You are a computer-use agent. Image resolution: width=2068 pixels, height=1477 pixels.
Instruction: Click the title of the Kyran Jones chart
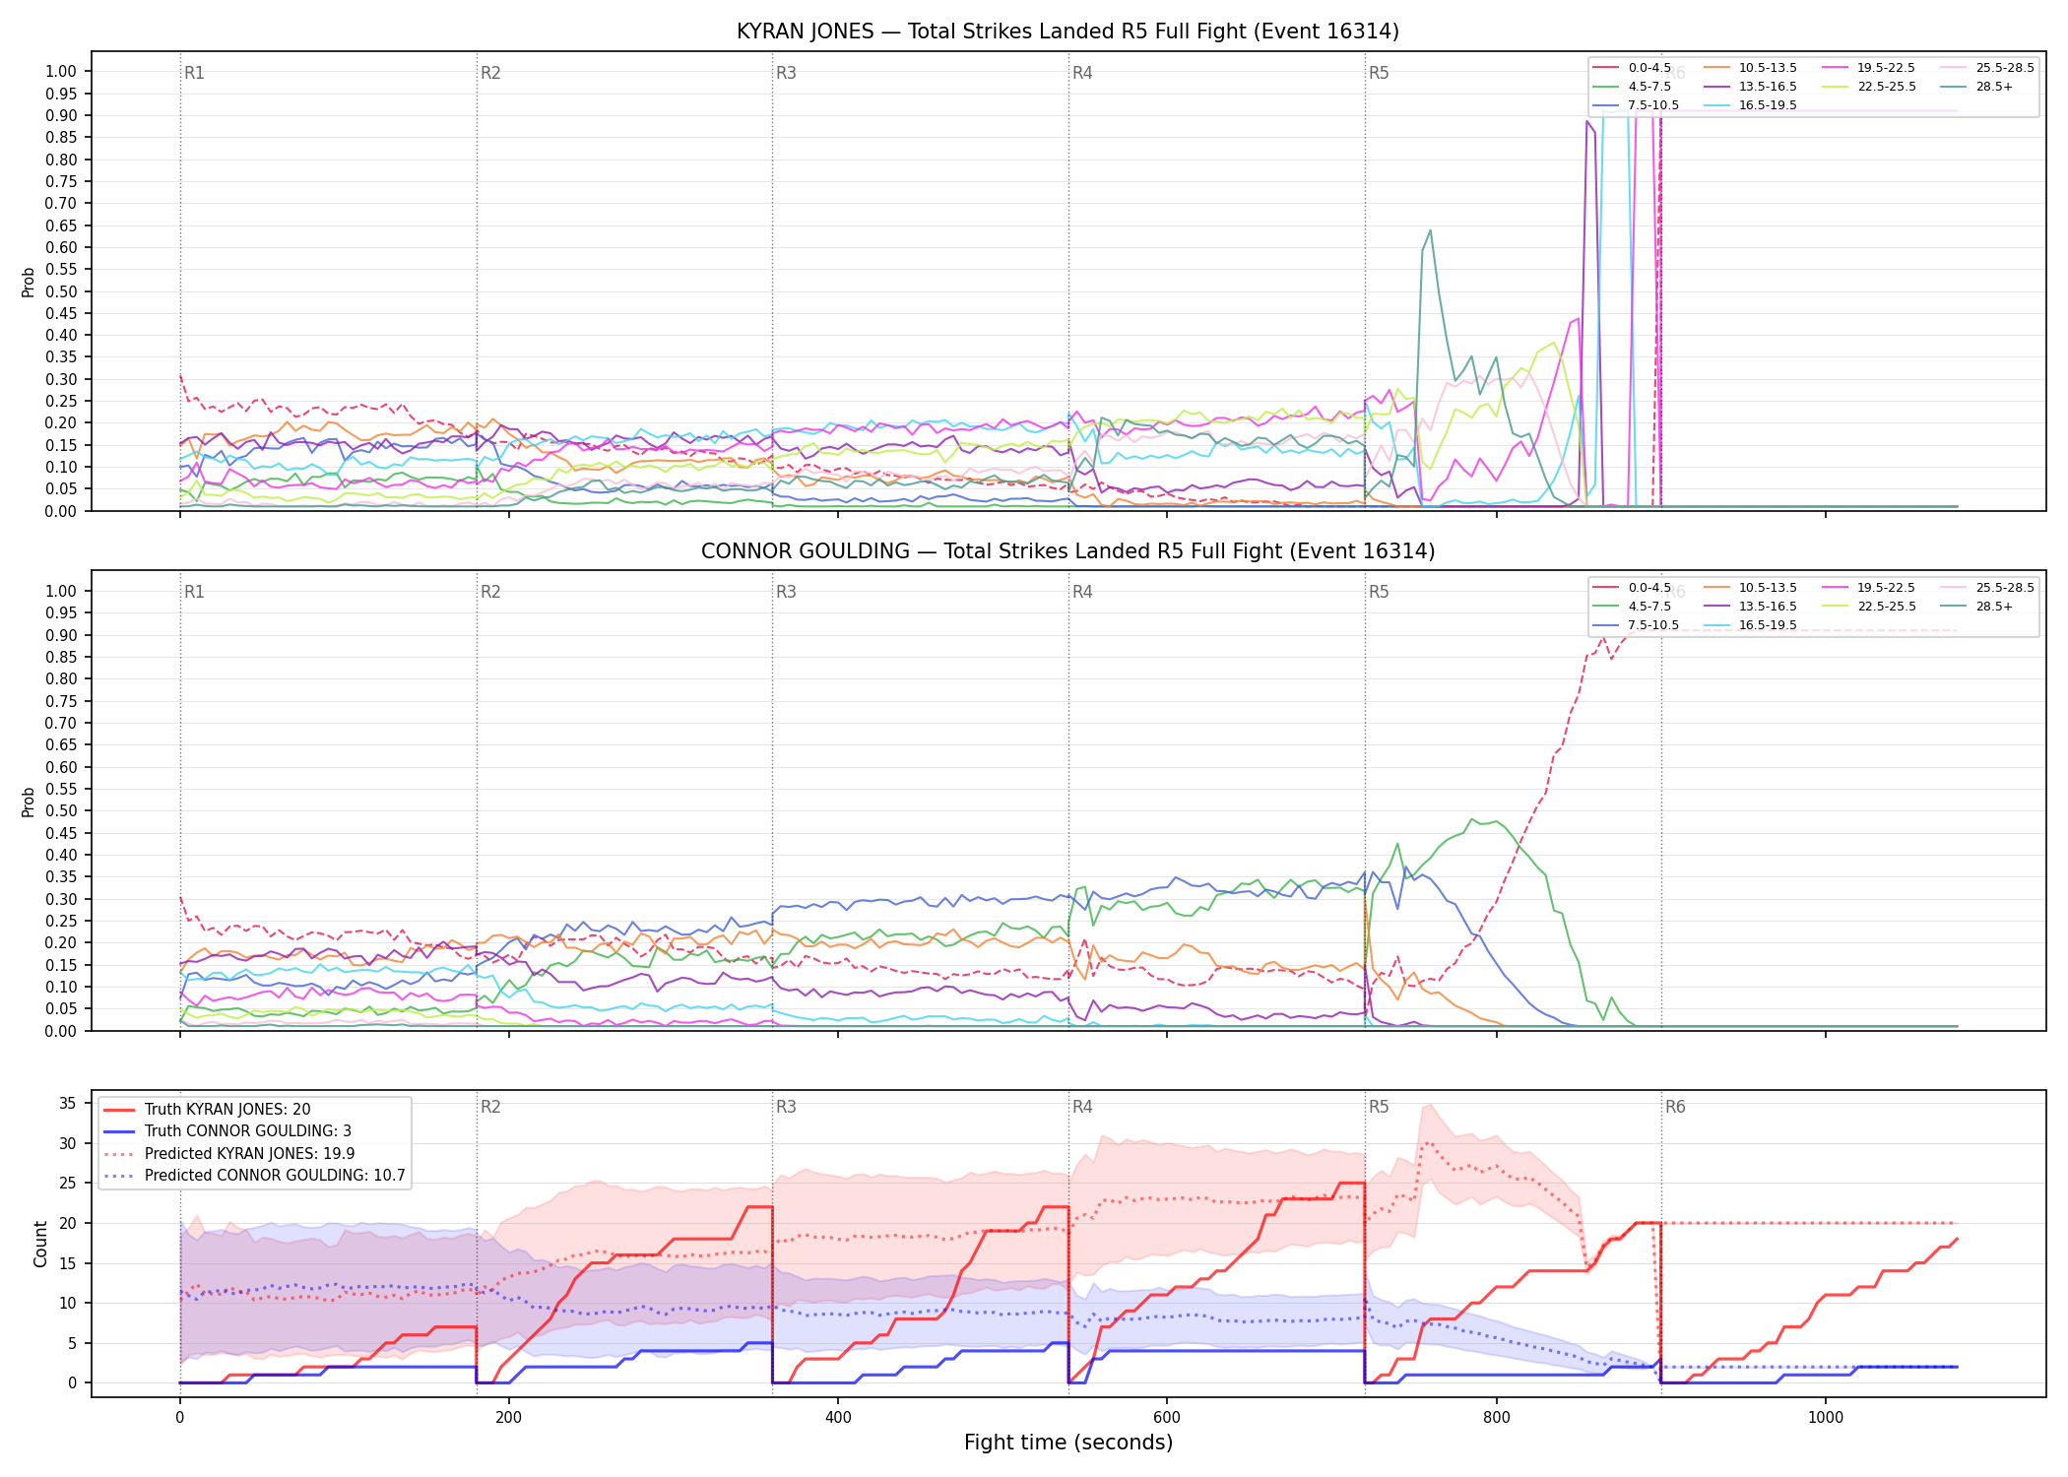click(1067, 32)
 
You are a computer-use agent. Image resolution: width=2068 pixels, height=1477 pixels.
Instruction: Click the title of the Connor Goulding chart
click(1067, 551)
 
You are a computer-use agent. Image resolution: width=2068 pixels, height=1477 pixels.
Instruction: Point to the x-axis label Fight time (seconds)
click(1068, 1443)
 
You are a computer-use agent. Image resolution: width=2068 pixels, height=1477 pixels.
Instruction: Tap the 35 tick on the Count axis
click(67, 1103)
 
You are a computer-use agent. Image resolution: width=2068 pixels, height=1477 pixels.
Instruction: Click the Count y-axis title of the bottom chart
click(40, 1244)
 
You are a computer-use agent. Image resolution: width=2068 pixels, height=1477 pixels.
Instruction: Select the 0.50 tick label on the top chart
click(61, 291)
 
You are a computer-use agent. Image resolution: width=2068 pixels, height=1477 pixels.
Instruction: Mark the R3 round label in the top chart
click(786, 73)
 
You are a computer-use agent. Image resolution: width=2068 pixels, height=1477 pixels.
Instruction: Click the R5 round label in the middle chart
click(1379, 592)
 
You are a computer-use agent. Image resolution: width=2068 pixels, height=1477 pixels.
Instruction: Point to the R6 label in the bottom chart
click(1675, 1107)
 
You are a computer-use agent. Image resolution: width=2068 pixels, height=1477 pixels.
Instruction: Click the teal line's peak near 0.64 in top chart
click(1430, 230)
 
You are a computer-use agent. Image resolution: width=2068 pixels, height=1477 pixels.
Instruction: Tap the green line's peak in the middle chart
click(1472, 819)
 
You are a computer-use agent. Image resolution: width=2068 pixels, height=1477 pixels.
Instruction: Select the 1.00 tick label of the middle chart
click(61, 591)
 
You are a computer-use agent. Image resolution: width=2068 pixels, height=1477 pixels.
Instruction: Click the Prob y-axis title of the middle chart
click(29, 802)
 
